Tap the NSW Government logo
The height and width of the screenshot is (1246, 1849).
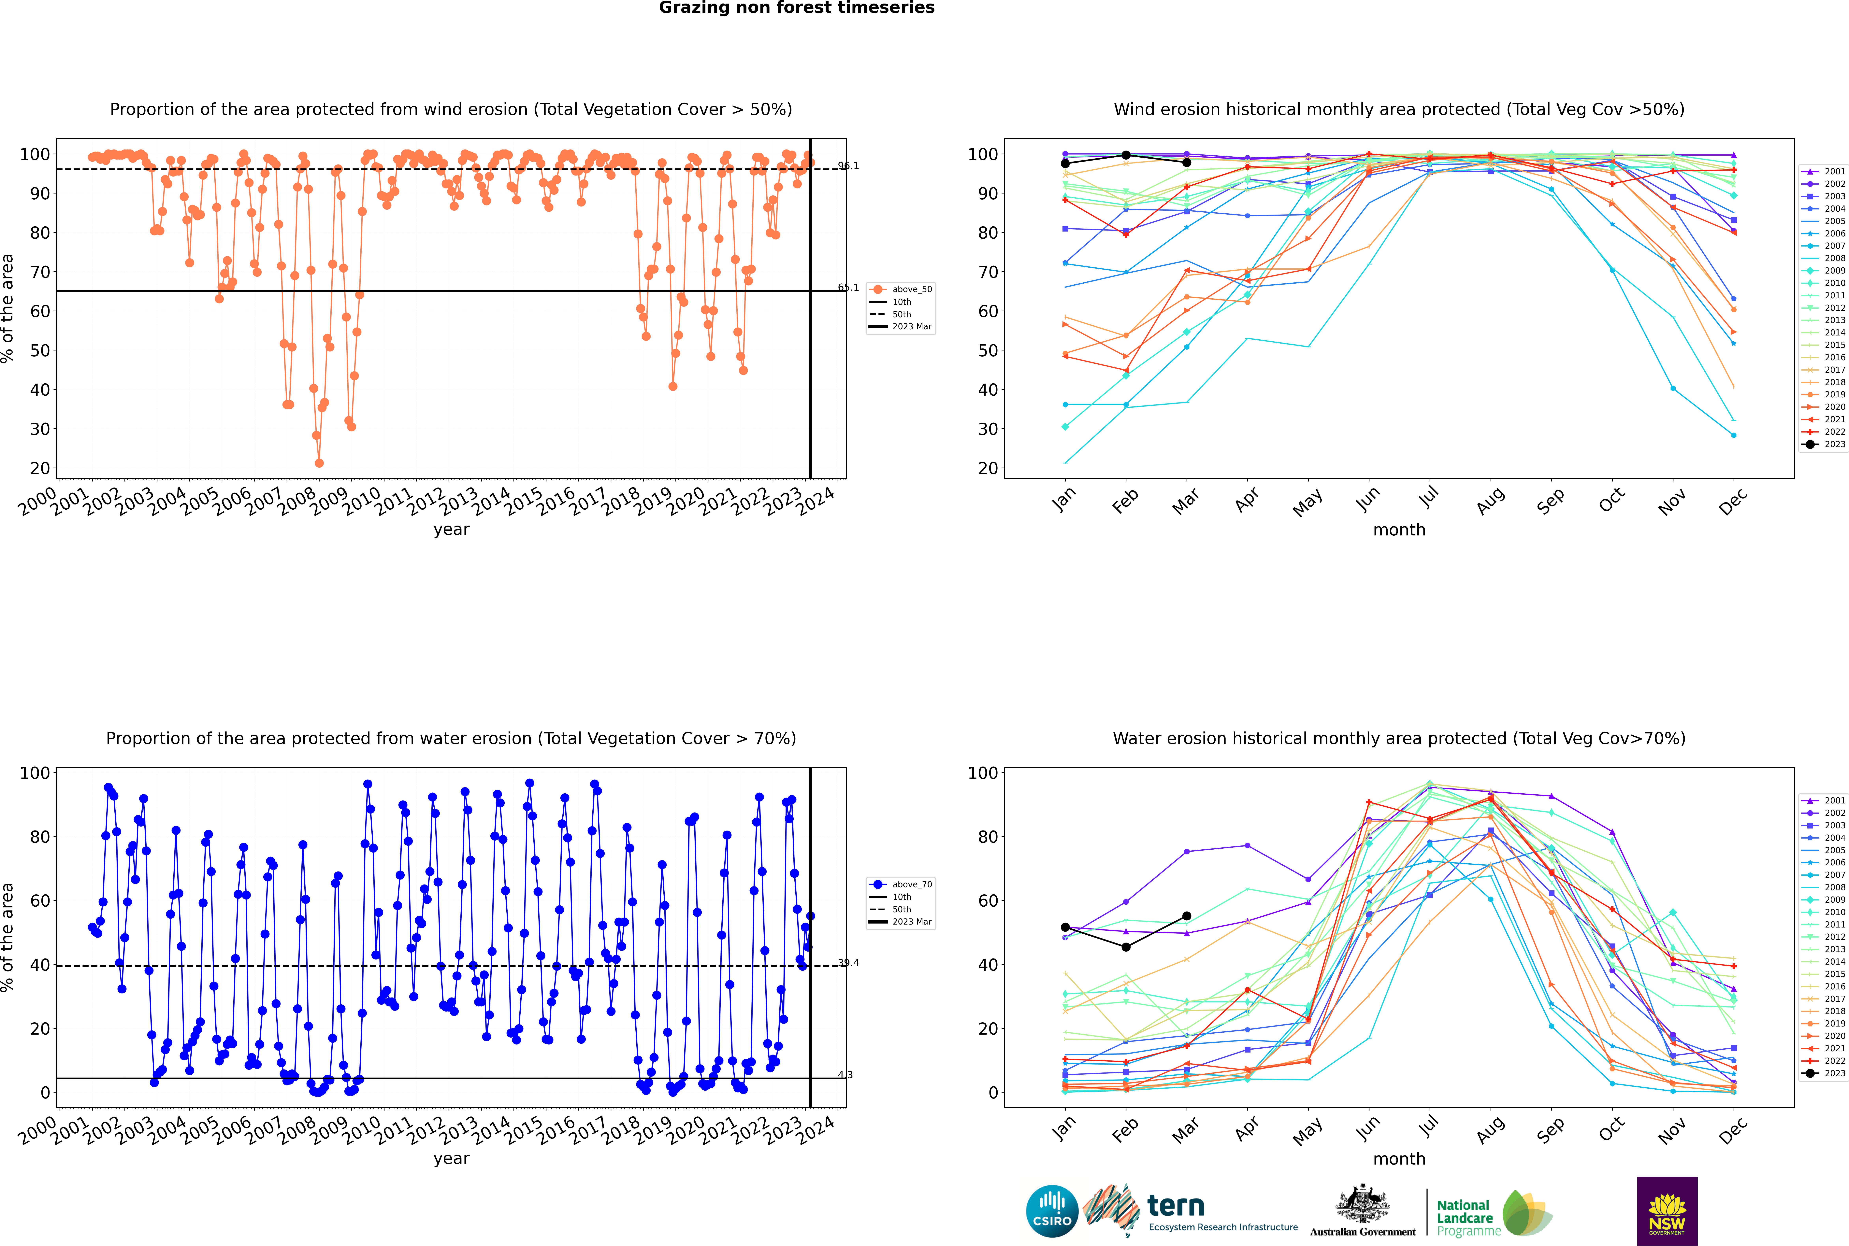(1667, 1211)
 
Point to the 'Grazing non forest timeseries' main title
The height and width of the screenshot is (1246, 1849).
(797, 8)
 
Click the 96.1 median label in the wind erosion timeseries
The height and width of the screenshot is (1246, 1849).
(848, 166)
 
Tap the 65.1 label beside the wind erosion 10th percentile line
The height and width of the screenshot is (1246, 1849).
(848, 288)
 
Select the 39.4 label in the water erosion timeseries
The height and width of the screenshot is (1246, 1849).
(848, 963)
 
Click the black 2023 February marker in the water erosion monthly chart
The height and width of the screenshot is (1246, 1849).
(1126, 947)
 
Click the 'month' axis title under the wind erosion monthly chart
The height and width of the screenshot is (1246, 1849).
(1399, 530)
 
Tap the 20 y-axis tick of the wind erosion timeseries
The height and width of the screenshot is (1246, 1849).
(40, 468)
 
